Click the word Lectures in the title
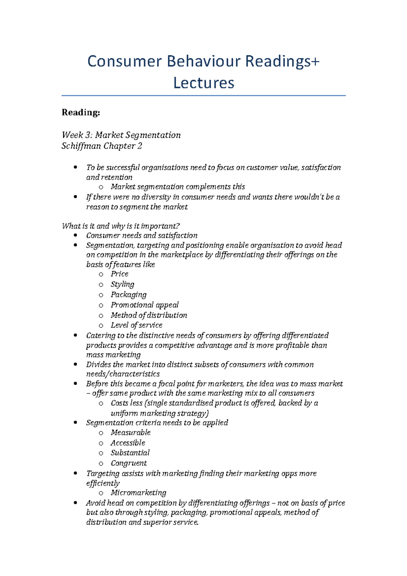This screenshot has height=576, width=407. [x=203, y=83]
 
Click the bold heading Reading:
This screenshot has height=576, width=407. [x=81, y=112]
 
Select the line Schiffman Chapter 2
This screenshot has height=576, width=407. [x=102, y=146]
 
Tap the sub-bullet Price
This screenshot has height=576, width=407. [x=119, y=274]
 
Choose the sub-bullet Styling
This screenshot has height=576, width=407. [x=122, y=284]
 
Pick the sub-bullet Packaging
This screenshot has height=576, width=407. [x=129, y=294]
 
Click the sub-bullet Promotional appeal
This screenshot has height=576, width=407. [x=144, y=305]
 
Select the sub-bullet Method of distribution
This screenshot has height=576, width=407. [x=149, y=315]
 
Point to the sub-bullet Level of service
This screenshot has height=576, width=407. [x=136, y=325]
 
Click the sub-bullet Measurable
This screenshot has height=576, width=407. [x=131, y=433]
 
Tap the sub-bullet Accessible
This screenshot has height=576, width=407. [x=128, y=443]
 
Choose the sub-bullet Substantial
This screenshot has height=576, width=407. [x=130, y=453]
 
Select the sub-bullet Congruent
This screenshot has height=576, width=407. [x=129, y=463]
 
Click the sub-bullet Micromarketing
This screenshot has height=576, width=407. [x=138, y=493]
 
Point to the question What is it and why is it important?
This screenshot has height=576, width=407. [x=121, y=226]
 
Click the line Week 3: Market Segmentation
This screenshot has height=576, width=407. [x=121, y=135]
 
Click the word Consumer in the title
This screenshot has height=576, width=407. [x=124, y=61]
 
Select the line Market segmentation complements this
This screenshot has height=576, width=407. [x=178, y=187]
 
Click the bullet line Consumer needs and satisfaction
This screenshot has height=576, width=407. [x=142, y=235]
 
